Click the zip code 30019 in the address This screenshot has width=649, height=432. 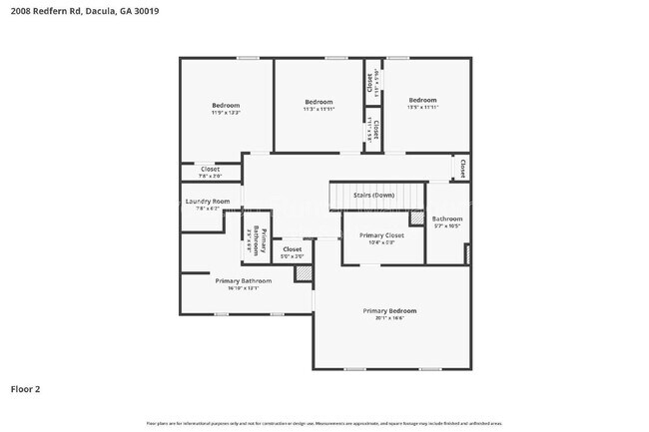point(146,11)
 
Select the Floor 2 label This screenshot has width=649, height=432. point(26,388)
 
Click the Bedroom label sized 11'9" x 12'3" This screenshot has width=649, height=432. point(226,105)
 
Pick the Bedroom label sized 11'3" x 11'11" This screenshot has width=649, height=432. point(319,102)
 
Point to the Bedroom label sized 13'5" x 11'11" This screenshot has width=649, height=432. point(422,100)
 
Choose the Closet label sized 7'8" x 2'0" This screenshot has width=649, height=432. point(210,170)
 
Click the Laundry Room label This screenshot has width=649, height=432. point(208,202)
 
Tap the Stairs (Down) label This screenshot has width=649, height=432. point(374,196)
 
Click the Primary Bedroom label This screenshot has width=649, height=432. point(389,310)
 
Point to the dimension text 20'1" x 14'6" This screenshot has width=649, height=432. point(389,319)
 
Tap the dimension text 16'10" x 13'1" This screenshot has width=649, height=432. point(243,288)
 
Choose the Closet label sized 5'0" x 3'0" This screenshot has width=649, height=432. point(292,249)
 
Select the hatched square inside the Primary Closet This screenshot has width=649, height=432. point(416,218)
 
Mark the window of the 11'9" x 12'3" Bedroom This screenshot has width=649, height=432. point(247,58)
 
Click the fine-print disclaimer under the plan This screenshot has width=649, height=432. point(324,423)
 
